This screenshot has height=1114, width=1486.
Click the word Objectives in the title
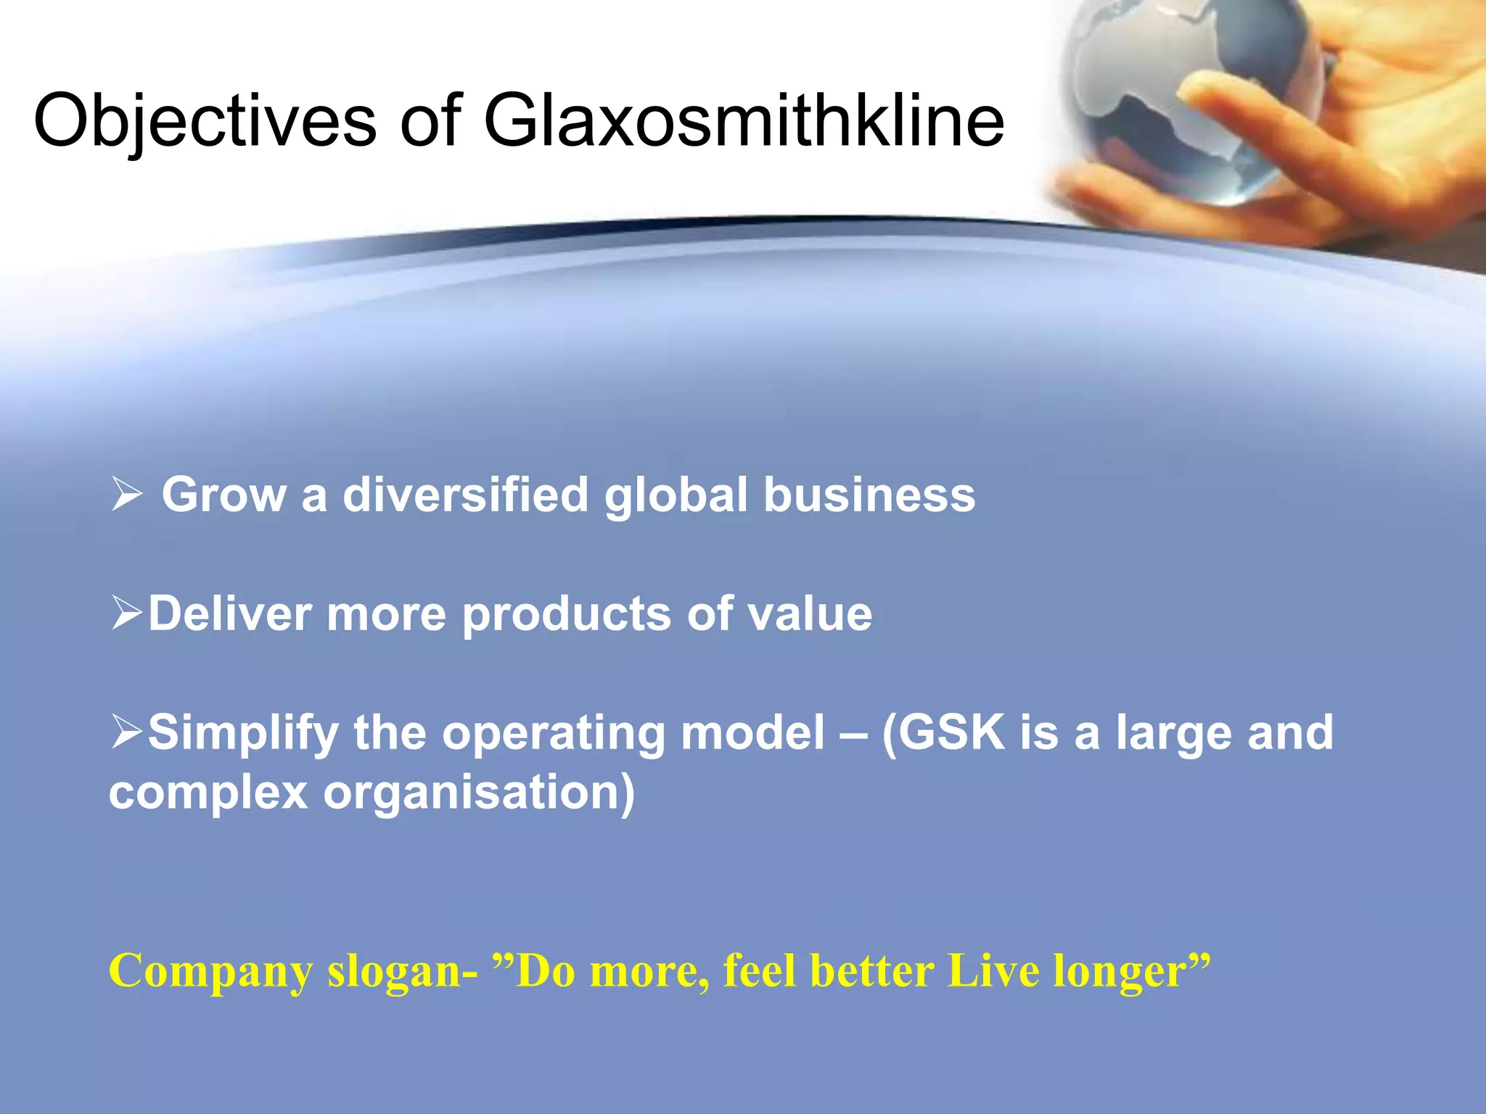205,121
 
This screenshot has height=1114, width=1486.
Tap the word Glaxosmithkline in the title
744,121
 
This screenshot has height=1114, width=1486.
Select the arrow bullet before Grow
127,495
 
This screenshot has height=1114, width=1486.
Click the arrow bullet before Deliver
127,614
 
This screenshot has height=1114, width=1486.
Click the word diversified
465,495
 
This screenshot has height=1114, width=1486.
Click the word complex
208,793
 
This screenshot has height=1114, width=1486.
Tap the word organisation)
479,792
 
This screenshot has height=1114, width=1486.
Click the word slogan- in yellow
402,972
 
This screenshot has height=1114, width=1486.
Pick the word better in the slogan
871,972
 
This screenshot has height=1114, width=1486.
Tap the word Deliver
230,614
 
